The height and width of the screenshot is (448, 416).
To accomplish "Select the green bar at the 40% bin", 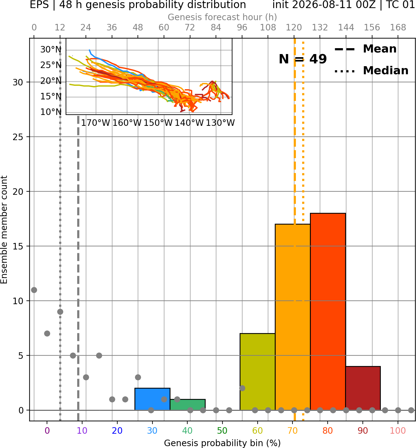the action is point(188,405).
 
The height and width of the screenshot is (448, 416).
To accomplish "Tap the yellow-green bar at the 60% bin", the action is point(257,372).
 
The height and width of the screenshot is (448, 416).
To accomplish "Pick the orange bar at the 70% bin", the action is point(292,317).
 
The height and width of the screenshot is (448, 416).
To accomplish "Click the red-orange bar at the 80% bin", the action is point(328,312).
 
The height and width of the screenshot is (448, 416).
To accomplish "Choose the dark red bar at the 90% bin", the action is point(363,388).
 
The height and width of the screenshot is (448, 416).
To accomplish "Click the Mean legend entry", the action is point(365,49).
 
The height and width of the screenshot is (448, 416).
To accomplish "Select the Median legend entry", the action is point(371,71).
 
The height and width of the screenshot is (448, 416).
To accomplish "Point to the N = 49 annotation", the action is point(303,59).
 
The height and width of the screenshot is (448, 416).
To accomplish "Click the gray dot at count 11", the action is point(34,290).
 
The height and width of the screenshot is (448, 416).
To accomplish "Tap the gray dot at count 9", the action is point(60,312).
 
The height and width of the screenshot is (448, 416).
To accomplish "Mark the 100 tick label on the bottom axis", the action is point(398,431).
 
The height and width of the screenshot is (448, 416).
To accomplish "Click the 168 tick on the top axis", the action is point(398,28).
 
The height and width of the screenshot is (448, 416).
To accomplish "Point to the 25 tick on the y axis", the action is point(18,137).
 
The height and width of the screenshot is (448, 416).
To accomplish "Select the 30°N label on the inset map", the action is point(51,50).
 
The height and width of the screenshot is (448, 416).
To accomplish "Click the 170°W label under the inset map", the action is point(96,123).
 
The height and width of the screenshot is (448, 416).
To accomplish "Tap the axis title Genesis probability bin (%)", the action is point(222,443).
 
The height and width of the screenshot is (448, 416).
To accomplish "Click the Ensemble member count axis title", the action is point(4,230).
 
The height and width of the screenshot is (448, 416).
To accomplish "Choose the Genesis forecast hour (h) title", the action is point(222,17).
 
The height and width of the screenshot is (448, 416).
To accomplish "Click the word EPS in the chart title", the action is point(39,5).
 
